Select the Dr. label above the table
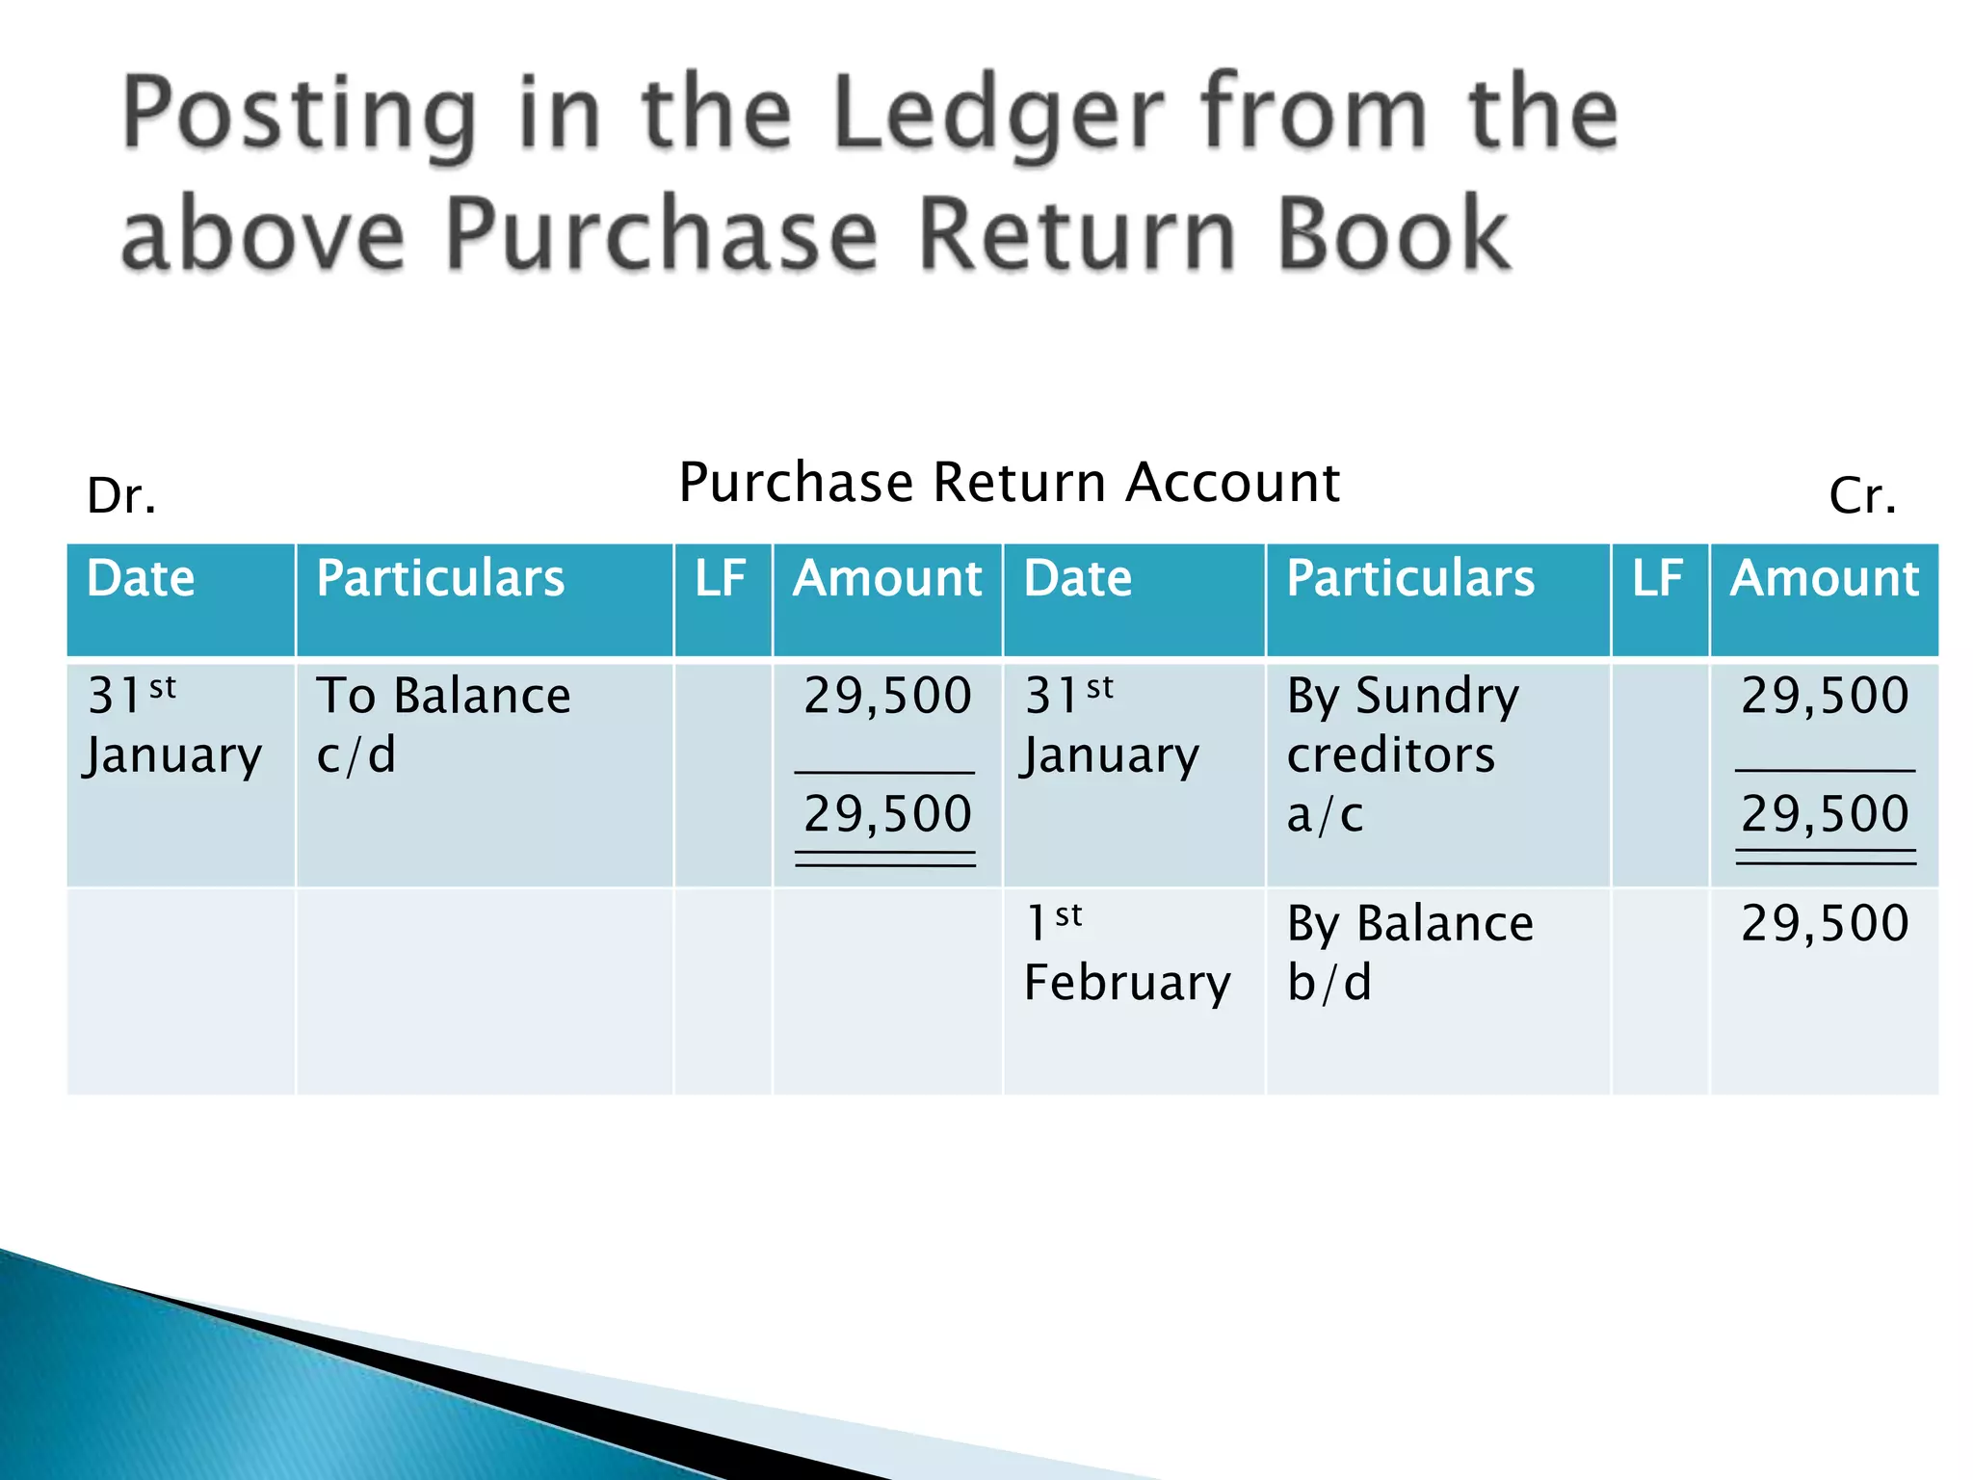coord(121,496)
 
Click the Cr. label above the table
coord(1862,496)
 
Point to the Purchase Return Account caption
coord(1009,482)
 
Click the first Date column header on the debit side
coord(141,579)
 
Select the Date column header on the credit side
coord(1078,579)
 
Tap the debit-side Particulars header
coord(440,579)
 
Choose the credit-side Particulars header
coord(1410,579)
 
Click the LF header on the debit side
coord(721,579)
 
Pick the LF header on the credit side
coord(1658,579)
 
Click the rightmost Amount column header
coord(1825,579)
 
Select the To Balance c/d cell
coord(443,725)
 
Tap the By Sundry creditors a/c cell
coord(1403,753)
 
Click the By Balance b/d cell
coord(1409,952)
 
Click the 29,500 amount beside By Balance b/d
coord(1825,923)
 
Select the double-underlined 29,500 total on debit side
coord(887,814)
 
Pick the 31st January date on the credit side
coord(1111,725)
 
